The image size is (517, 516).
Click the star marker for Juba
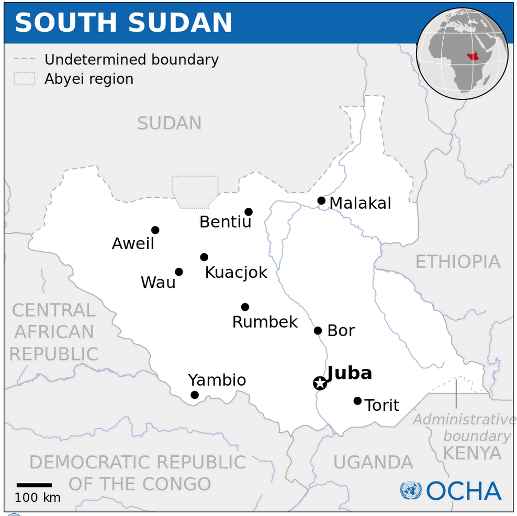(x=320, y=383)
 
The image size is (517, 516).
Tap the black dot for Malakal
(x=321, y=200)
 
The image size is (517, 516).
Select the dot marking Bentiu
(x=249, y=212)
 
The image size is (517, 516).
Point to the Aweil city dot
(x=155, y=230)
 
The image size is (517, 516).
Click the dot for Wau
(x=179, y=272)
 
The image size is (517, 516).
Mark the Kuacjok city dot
(x=204, y=257)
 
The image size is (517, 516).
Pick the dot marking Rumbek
(x=245, y=307)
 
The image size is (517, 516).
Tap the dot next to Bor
(x=318, y=331)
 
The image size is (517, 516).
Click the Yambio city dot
(x=195, y=395)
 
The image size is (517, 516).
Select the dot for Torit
(x=357, y=401)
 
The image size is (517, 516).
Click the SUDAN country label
(x=169, y=124)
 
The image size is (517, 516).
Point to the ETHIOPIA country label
(x=457, y=262)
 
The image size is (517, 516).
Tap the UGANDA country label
(x=373, y=463)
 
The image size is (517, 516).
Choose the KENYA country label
(x=472, y=453)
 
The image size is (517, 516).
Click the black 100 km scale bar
(x=34, y=485)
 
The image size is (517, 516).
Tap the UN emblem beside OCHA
(x=411, y=491)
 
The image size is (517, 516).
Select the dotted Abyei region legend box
(x=25, y=79)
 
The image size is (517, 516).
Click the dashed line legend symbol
(x=25, y=60)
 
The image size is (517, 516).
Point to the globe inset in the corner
(x=462, y=54)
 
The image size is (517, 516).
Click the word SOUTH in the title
(x=66, y=23)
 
